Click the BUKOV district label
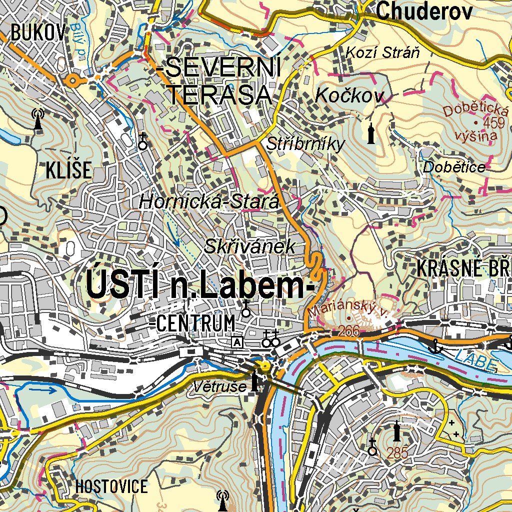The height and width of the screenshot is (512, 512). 38,33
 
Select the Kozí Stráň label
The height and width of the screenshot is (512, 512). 382,52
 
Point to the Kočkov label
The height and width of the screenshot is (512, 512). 349,96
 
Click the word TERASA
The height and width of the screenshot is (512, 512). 219,94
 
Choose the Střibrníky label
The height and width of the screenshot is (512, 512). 305,144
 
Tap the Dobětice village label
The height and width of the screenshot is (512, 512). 454,167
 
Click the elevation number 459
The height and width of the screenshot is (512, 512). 495,122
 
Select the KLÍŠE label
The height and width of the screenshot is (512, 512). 69,170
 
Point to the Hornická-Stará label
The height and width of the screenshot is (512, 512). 208,202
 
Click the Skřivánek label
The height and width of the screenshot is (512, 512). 250,246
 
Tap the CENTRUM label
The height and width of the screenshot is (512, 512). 195,323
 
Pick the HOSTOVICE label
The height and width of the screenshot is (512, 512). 111,486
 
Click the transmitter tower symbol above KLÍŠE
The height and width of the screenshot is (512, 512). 37,119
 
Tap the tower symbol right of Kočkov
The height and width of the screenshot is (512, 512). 370,133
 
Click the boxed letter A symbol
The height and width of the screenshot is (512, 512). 236,342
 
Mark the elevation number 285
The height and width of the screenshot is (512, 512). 397,453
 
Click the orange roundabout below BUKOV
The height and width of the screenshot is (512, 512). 73,80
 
